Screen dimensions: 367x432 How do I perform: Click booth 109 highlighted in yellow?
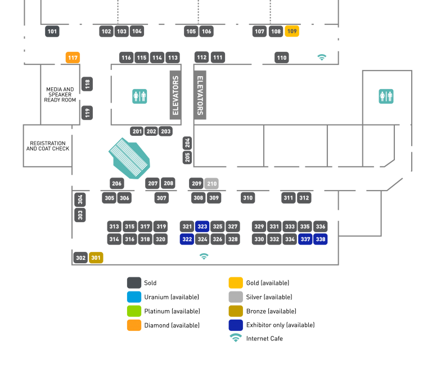292,31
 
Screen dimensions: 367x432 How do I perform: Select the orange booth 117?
73,58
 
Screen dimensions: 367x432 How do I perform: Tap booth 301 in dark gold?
96,258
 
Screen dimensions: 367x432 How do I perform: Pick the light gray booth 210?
211,183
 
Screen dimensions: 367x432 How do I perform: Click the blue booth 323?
202,227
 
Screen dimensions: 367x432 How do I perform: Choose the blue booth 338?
321,239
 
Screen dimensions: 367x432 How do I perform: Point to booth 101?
52,31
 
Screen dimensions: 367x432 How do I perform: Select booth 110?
282,58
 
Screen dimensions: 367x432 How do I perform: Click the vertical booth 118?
87,84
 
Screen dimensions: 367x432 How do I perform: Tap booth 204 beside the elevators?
187,143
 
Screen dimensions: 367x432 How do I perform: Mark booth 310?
247,198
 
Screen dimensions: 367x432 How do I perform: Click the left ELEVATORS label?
175,95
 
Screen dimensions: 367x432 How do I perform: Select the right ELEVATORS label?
200,95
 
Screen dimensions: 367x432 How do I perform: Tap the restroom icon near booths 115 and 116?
139,96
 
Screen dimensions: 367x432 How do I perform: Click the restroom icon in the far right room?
386,96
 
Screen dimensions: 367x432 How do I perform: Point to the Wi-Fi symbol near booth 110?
322,57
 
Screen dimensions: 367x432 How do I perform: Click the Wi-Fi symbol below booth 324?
204,256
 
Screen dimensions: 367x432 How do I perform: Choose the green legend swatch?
134,311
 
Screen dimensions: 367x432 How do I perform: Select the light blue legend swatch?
134,297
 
